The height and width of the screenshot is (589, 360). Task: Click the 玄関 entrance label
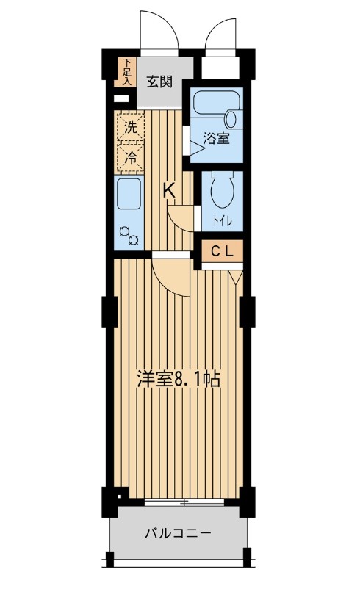click(159, 81)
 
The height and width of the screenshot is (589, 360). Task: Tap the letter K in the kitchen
click(168, 189)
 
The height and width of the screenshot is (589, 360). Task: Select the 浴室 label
click(216, 138)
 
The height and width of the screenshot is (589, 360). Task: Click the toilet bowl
click(221, 191)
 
